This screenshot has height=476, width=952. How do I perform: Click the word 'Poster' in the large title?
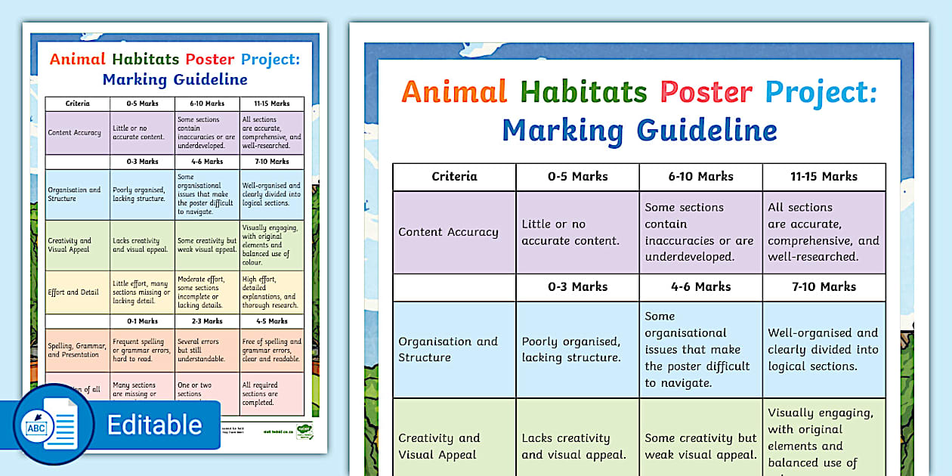(x=706, y=92)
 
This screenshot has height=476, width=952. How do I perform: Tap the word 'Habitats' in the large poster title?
(x=583, y=92)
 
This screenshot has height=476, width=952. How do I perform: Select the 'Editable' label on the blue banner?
(x=154, y=425)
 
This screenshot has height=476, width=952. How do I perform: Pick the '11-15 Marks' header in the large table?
(x=824, y=176)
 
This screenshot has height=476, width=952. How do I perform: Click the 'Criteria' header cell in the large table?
(x=454, y=176)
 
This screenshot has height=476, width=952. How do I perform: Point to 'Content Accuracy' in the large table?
(x=448, y=232)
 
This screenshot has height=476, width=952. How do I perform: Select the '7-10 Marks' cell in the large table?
(x=824, y=286)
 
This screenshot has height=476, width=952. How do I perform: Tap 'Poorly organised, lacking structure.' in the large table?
(x=570, y=349)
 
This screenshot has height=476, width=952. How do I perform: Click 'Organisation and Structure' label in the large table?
(x=448, y=349)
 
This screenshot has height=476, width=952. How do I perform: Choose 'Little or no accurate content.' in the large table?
(x=570, y=232)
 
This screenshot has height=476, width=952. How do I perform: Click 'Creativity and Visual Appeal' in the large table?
(x=439, y=446)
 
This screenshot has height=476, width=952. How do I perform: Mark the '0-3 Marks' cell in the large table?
(x=577, y=286)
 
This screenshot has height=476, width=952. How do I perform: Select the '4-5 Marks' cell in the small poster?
(x=271, y=321)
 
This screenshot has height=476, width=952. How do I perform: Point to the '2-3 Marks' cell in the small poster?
(x=206, y=321)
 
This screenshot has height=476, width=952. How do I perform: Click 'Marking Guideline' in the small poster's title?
(x=175, y=79)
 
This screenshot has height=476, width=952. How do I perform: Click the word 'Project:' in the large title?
(x=821, y=92)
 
